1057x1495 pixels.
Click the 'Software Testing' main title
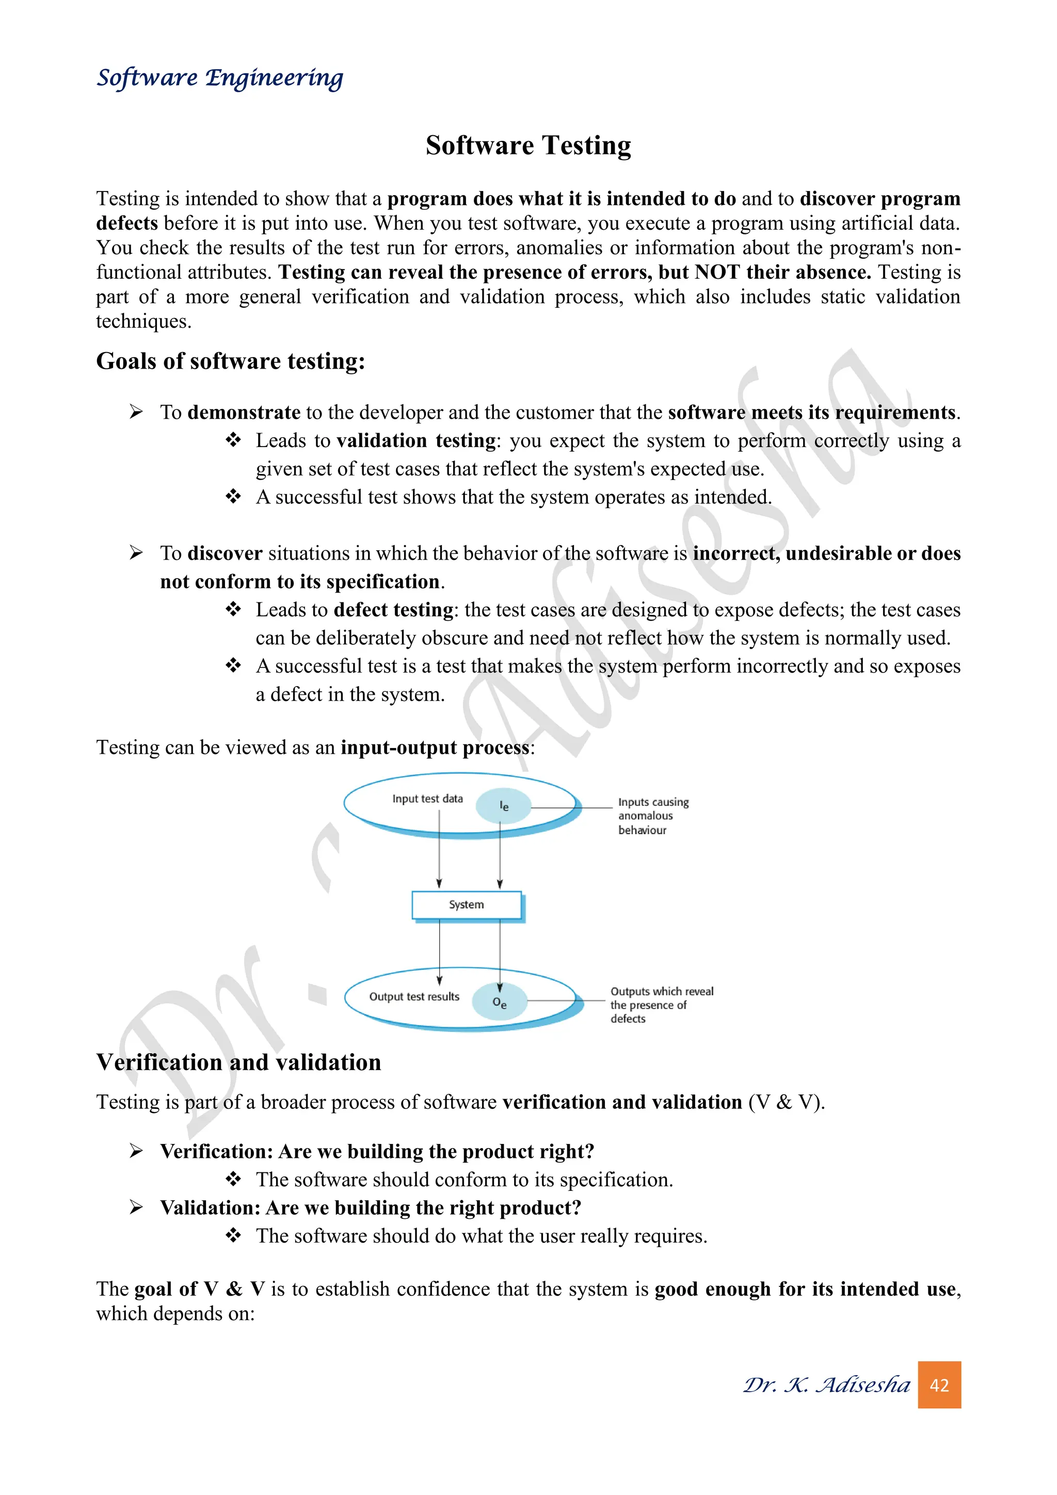coord(528,145)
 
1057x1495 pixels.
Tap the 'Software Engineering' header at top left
coord(219,78)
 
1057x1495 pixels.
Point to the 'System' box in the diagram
coord(467,904)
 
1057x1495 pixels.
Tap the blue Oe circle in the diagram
coord(499,1003)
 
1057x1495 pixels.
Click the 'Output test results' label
coord(414,997)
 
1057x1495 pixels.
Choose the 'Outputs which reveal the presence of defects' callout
coord(661,1005)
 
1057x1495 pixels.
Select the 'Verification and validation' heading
coord(238,1062)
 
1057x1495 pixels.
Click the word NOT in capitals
coord(716,272)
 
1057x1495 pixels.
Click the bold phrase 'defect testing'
coord(393,610)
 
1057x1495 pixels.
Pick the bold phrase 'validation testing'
coord(417,441)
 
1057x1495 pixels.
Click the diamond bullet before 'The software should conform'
coord(233,1179)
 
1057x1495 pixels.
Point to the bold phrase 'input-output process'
coord(435,747)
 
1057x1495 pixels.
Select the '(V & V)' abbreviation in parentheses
coord(786,1102)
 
